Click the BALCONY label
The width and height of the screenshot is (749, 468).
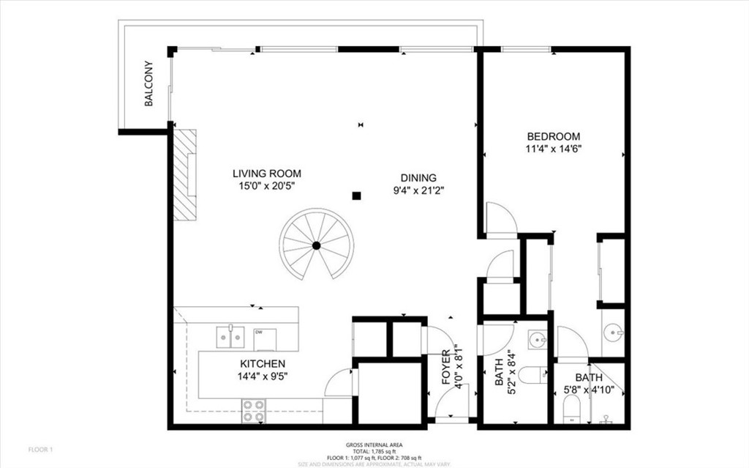click(148, 83)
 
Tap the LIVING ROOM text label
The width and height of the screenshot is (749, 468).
click(266, 174)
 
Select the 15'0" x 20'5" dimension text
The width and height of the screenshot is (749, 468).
click(266, 186)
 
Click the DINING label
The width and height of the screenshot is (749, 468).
click(418, 177)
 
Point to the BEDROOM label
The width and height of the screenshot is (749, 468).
click(554, 136)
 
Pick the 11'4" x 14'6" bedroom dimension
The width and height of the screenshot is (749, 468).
click(554, 149)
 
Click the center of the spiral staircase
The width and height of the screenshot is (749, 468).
click(316, 245)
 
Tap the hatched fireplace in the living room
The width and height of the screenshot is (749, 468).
click(186, 174)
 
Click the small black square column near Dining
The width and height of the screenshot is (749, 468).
click(356, 196)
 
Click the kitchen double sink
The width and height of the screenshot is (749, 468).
click(230, 337)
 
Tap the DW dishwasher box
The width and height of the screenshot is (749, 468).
click(265, 338)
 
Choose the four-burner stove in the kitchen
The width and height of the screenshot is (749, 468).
click(254, 411)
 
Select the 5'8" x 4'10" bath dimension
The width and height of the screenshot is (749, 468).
click(589, 390)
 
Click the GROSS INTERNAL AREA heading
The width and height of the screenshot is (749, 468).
click(374, 445)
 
